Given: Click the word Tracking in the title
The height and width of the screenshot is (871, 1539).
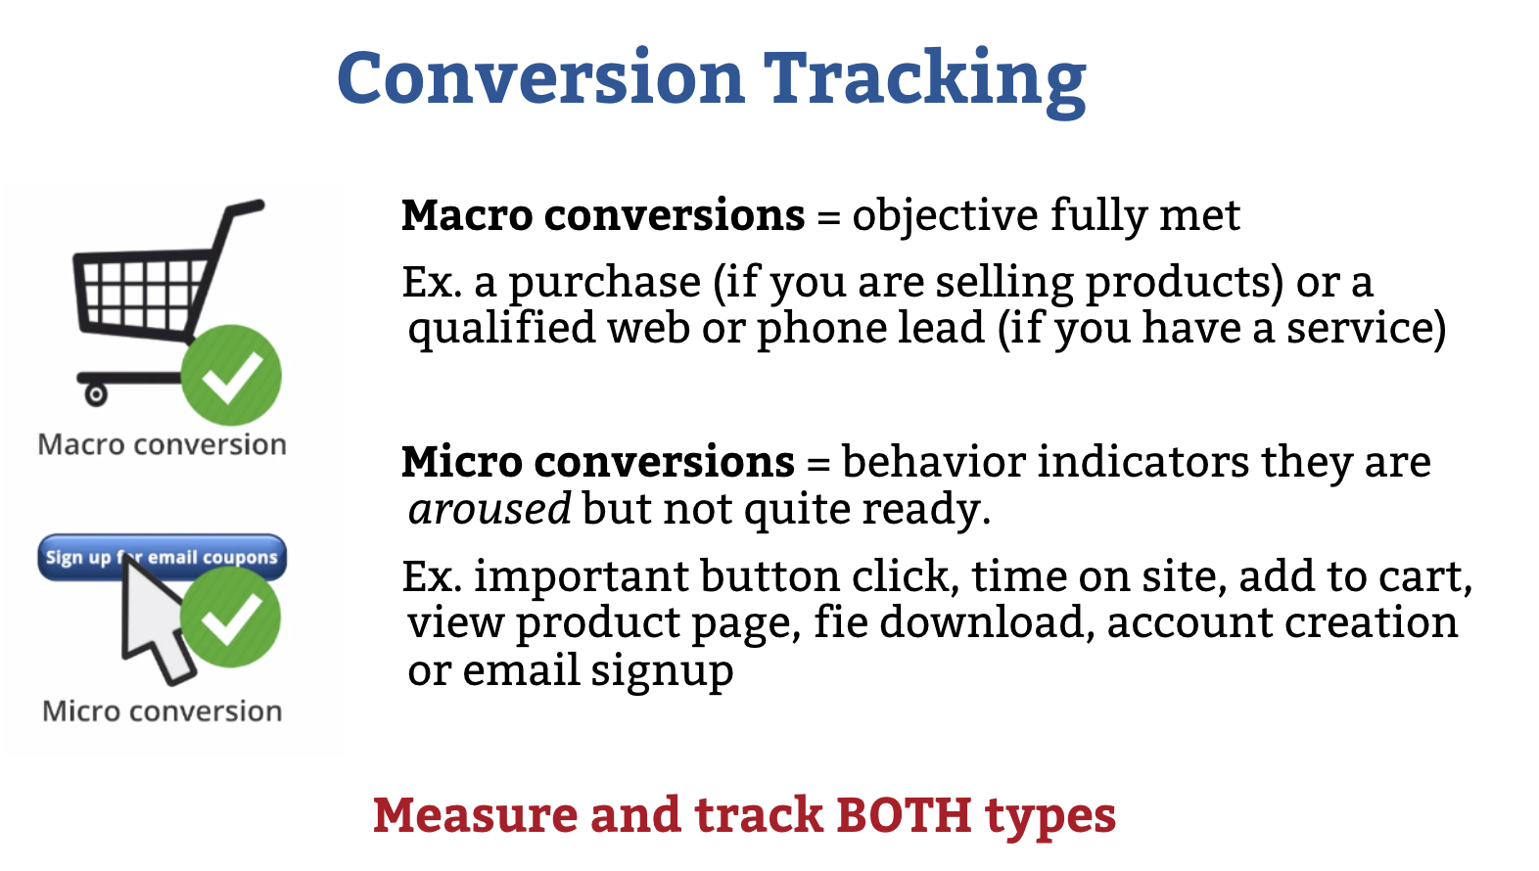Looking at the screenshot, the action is (x=925, y=81).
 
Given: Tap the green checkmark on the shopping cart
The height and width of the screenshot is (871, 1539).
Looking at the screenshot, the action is (x=232, y=375).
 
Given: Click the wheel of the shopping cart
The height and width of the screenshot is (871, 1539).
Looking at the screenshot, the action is (x=96, y=394).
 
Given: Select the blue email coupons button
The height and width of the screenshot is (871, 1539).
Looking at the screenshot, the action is (x=163, y=557).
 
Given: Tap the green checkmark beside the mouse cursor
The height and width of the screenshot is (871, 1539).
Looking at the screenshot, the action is (x=231, y=617).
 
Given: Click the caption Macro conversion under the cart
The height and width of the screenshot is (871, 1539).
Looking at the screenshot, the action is (x=163, y=444).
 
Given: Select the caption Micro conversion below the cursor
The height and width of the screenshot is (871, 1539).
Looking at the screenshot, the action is (x=163, y=711).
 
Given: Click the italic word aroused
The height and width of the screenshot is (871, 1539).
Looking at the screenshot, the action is (x=490, y=508).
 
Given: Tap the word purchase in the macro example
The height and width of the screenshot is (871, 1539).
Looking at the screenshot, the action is (x=605, y=284).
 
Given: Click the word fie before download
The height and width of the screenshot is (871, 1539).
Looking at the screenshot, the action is (x=842, y=621).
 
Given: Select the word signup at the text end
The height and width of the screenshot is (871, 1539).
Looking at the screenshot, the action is (x=662, y=671).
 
